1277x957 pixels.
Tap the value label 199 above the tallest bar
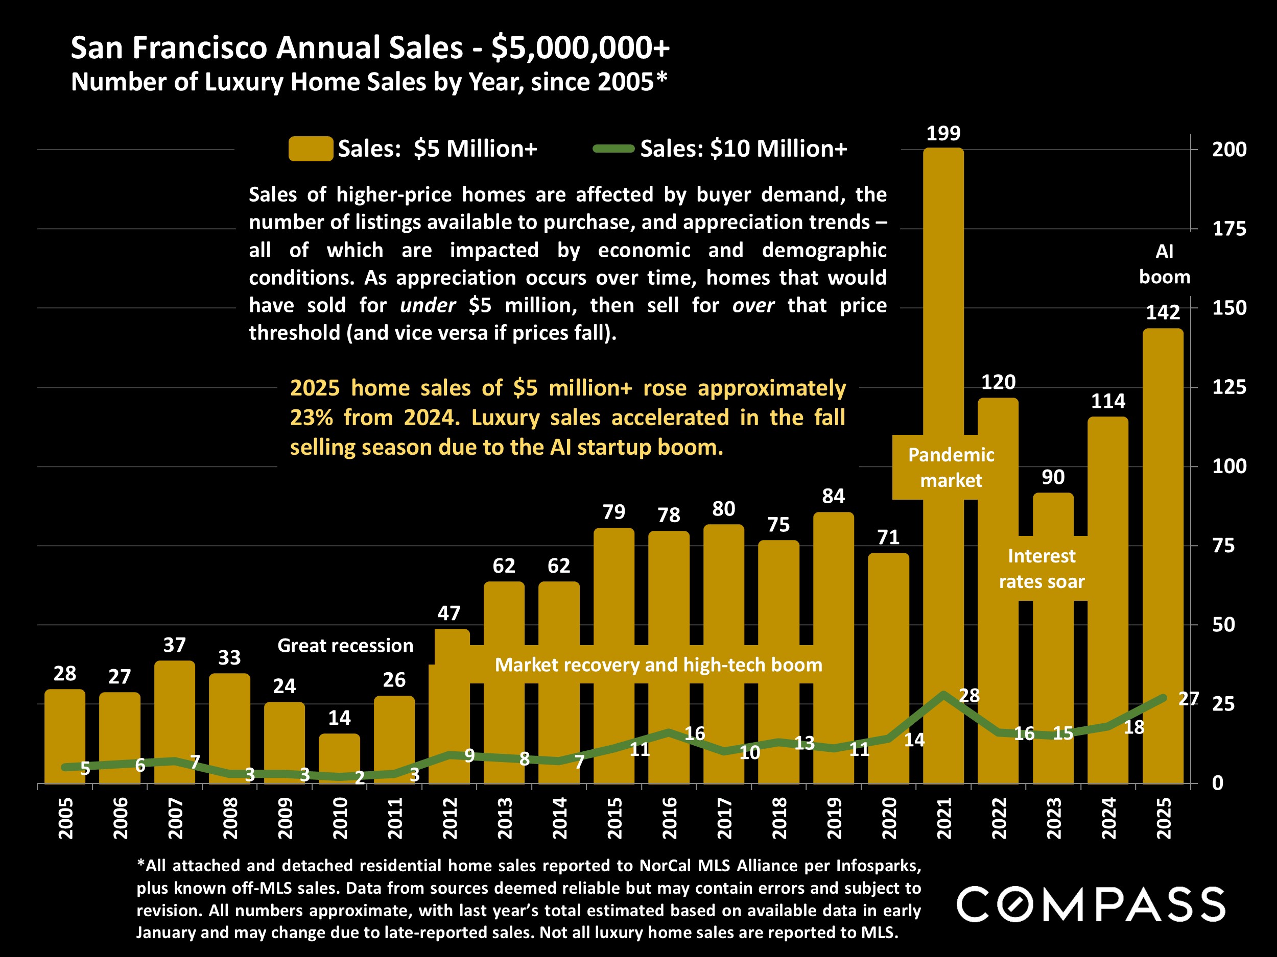pyautogui.click(x=943, y=133)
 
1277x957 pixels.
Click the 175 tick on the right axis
pyautogui.click(x=1229, y=229)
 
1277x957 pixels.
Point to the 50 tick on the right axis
pyautogui.click(x=1223, y=625)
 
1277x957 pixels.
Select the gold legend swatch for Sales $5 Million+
pyautogui.click(x=311, y=149)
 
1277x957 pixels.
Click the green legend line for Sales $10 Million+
pyautogui.click(x=613, y=149)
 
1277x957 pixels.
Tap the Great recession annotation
pyautogui.click(x=345, y=646)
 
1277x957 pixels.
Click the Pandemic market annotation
pyautogui.click(x=951, y=467)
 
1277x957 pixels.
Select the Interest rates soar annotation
pyautogui.click(x=1042, y=569)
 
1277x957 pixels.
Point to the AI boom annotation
pyautogui.click(x=1164, y=264)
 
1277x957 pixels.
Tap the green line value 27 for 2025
pyautogui.click(x=1188, y=699)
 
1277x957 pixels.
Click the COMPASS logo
pyautogui.click(x=1091, y=904)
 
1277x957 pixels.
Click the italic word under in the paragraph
pyautogui.click(x=427, y=305)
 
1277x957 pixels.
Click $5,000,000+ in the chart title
pyautogui.click(x=580, y=47)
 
